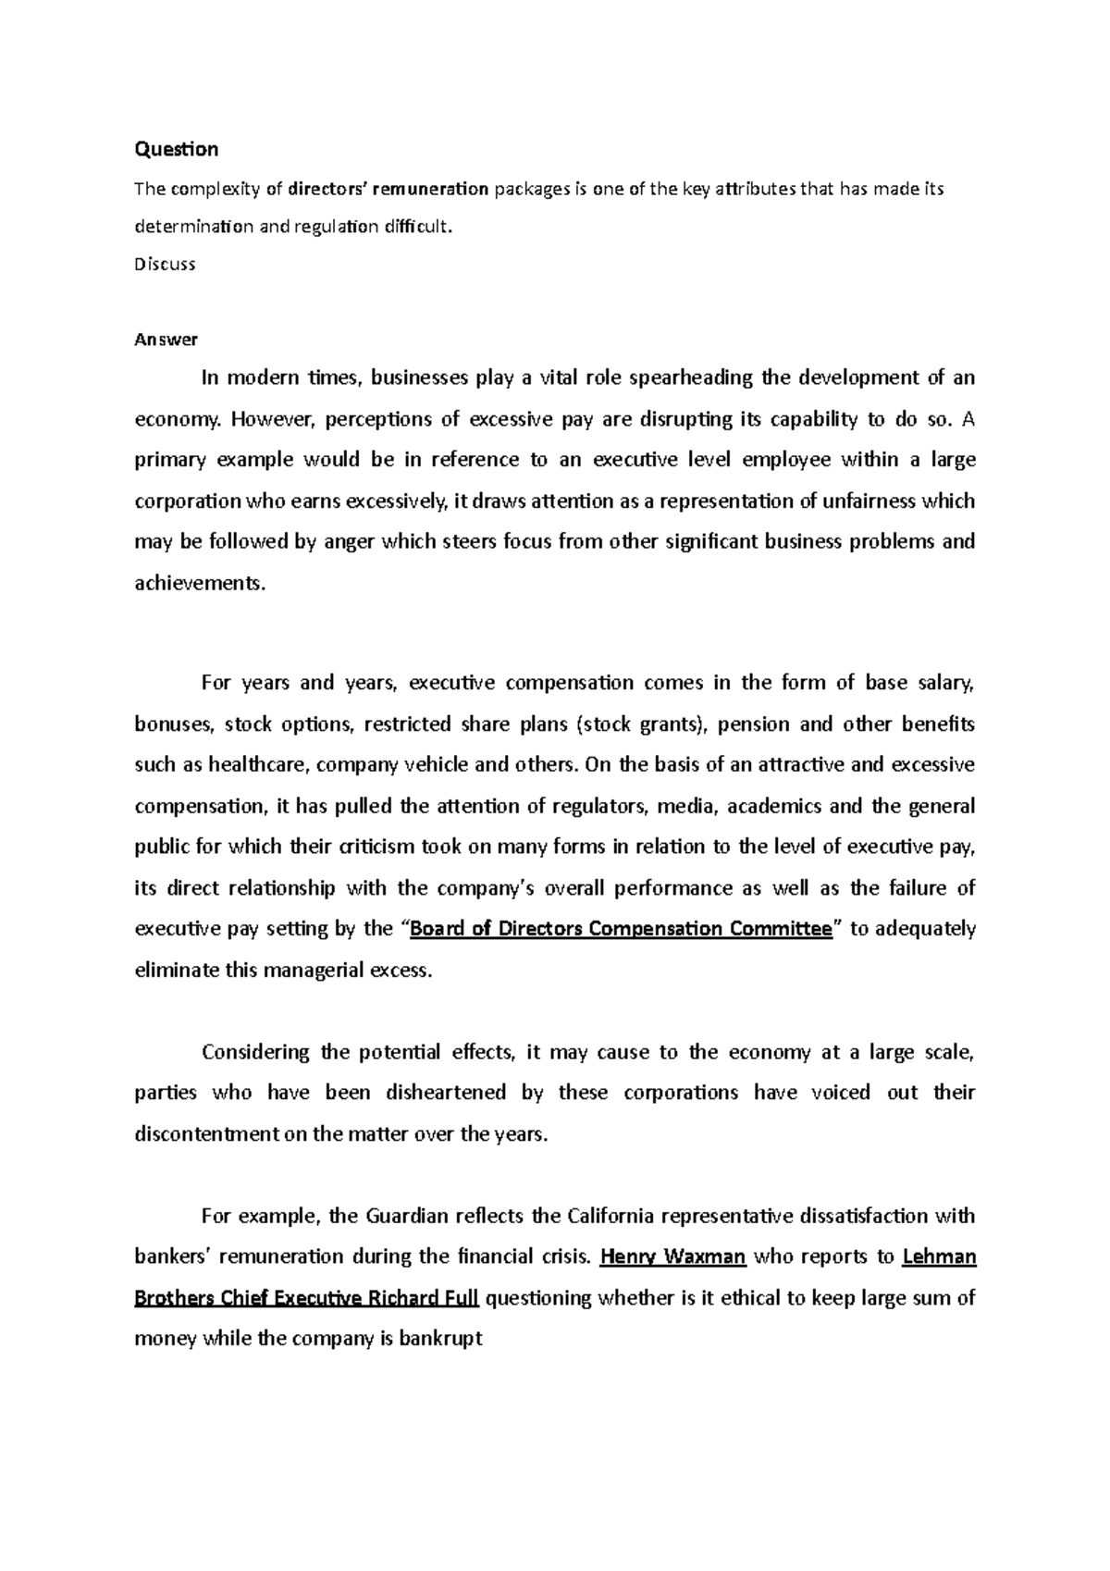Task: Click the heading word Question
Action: click(x=177, y=149)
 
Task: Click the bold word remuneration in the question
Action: click(x=432, y=190)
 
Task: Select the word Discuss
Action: click(x=165, y=264)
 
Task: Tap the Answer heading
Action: click(x=166, y=340)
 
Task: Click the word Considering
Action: click(x=255, y=1052)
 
